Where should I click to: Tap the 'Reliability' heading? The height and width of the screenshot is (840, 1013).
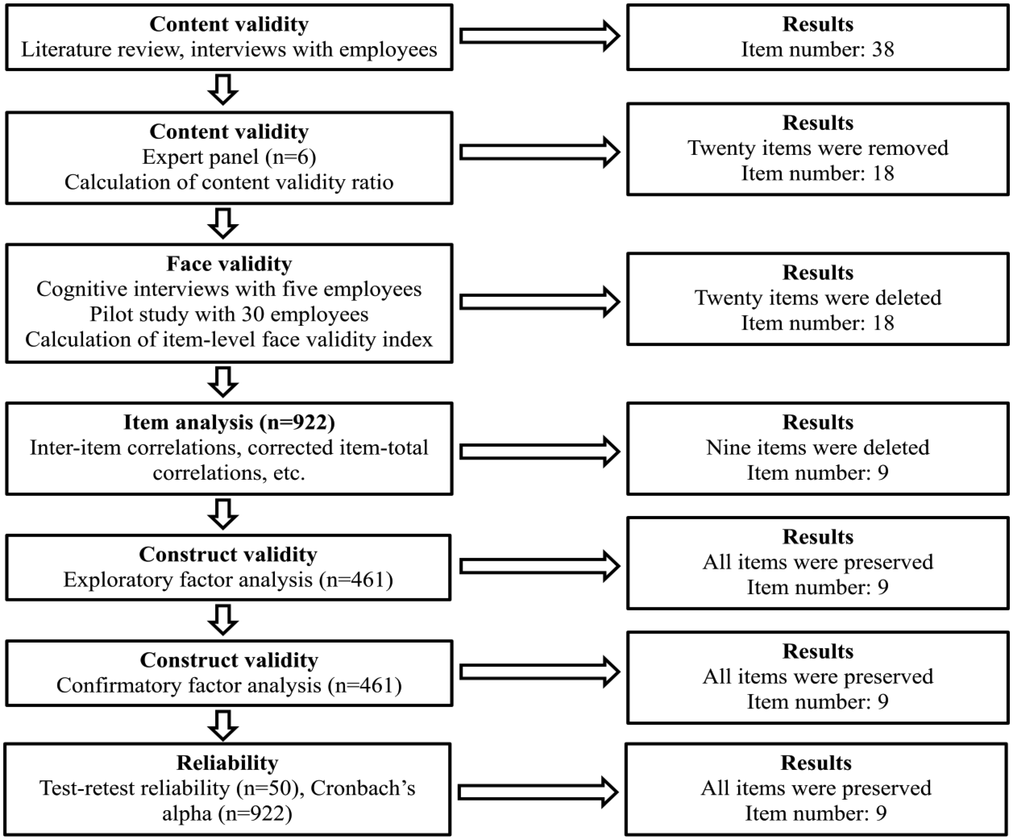click(227, 763)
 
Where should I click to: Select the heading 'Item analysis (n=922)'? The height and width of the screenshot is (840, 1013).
click(229, 422)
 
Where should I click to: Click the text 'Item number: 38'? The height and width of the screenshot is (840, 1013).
click(818, 49)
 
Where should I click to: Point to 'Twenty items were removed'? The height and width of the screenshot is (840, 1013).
click(818, 148)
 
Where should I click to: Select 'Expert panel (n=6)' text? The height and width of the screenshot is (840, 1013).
click(229, 157)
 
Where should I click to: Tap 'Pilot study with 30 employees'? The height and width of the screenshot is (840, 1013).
click(229, 314)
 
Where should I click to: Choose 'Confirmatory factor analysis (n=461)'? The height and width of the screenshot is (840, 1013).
click(229, 685)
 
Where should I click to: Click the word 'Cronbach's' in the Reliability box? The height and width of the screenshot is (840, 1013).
click(363, 788)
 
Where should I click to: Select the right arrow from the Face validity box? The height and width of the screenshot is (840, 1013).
click(539, 302)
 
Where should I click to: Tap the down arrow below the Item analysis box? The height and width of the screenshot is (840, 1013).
click(223, 514)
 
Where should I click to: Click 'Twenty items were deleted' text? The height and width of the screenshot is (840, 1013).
click(818, 297)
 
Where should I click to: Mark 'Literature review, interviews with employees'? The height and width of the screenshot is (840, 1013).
click(229, 49)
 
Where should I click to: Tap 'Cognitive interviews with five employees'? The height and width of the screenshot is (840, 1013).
click(229, 289)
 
